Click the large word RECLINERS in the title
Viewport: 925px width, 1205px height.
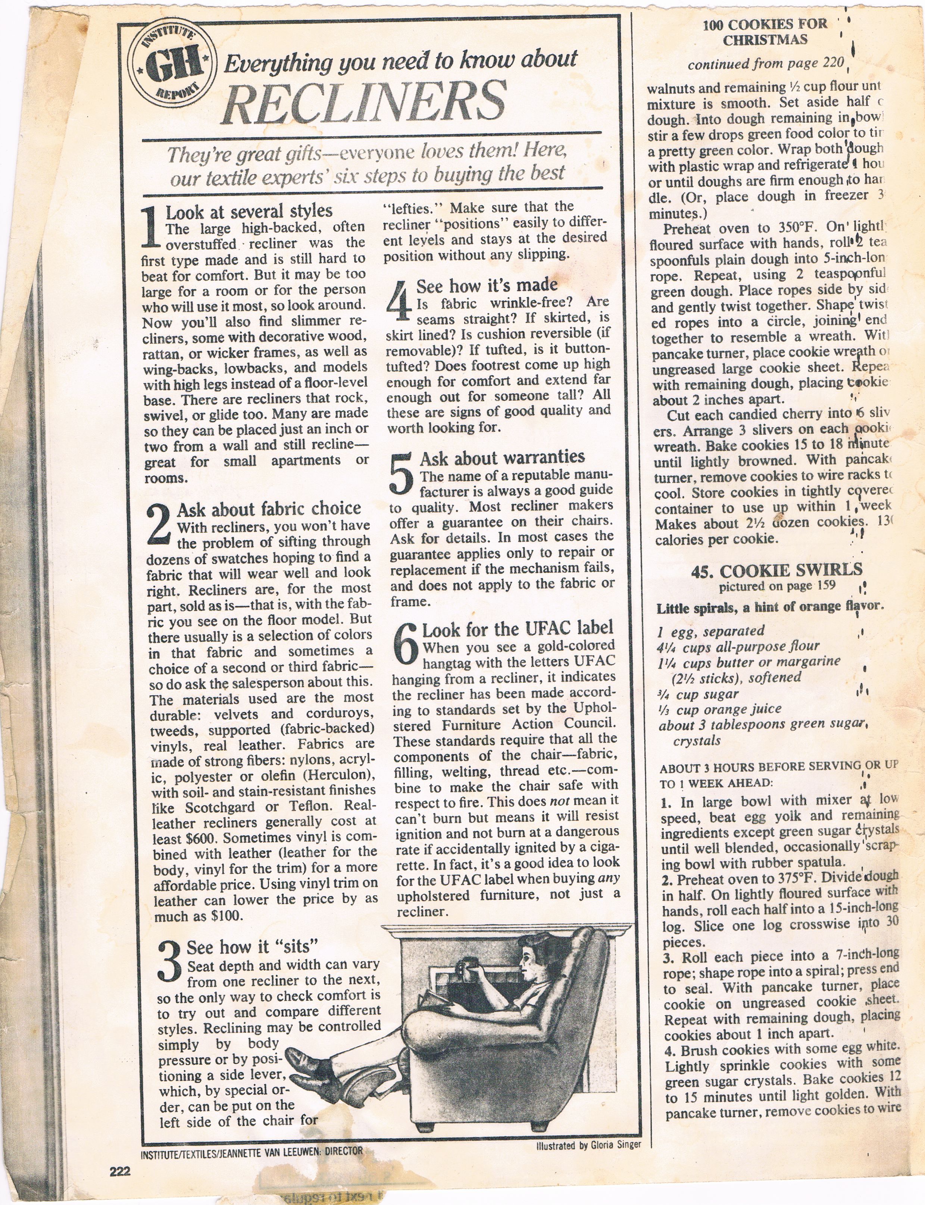coord(365,102)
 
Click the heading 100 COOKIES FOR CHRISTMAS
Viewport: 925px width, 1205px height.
coord(765,32)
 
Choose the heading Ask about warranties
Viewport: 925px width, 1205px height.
coord(502,457)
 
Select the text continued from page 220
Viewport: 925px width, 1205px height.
coord(765,64)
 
